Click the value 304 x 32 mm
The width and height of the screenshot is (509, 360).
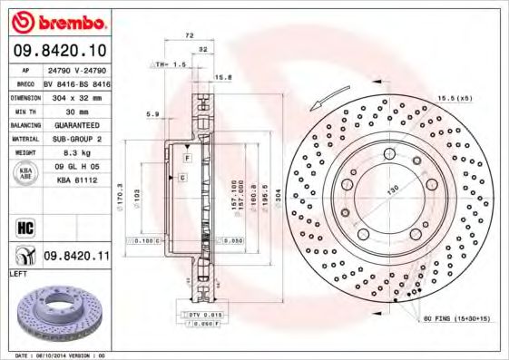tap(76, 95)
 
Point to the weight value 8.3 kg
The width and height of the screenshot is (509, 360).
tap(76, 153)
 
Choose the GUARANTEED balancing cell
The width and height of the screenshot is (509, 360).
tap(76, 124)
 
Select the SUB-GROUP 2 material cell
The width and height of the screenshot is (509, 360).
tap(76, 139)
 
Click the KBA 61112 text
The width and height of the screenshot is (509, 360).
tap(76, 181)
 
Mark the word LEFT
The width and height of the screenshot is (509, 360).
tap(17, 273)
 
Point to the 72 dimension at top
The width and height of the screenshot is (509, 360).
tap(190, 34)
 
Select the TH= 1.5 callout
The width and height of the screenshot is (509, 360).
tap(170, 65)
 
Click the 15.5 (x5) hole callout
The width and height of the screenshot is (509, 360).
tap(453, 96)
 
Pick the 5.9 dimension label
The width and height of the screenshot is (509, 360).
tap(153, 113)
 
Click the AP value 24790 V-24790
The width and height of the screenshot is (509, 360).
tap(76, 68)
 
